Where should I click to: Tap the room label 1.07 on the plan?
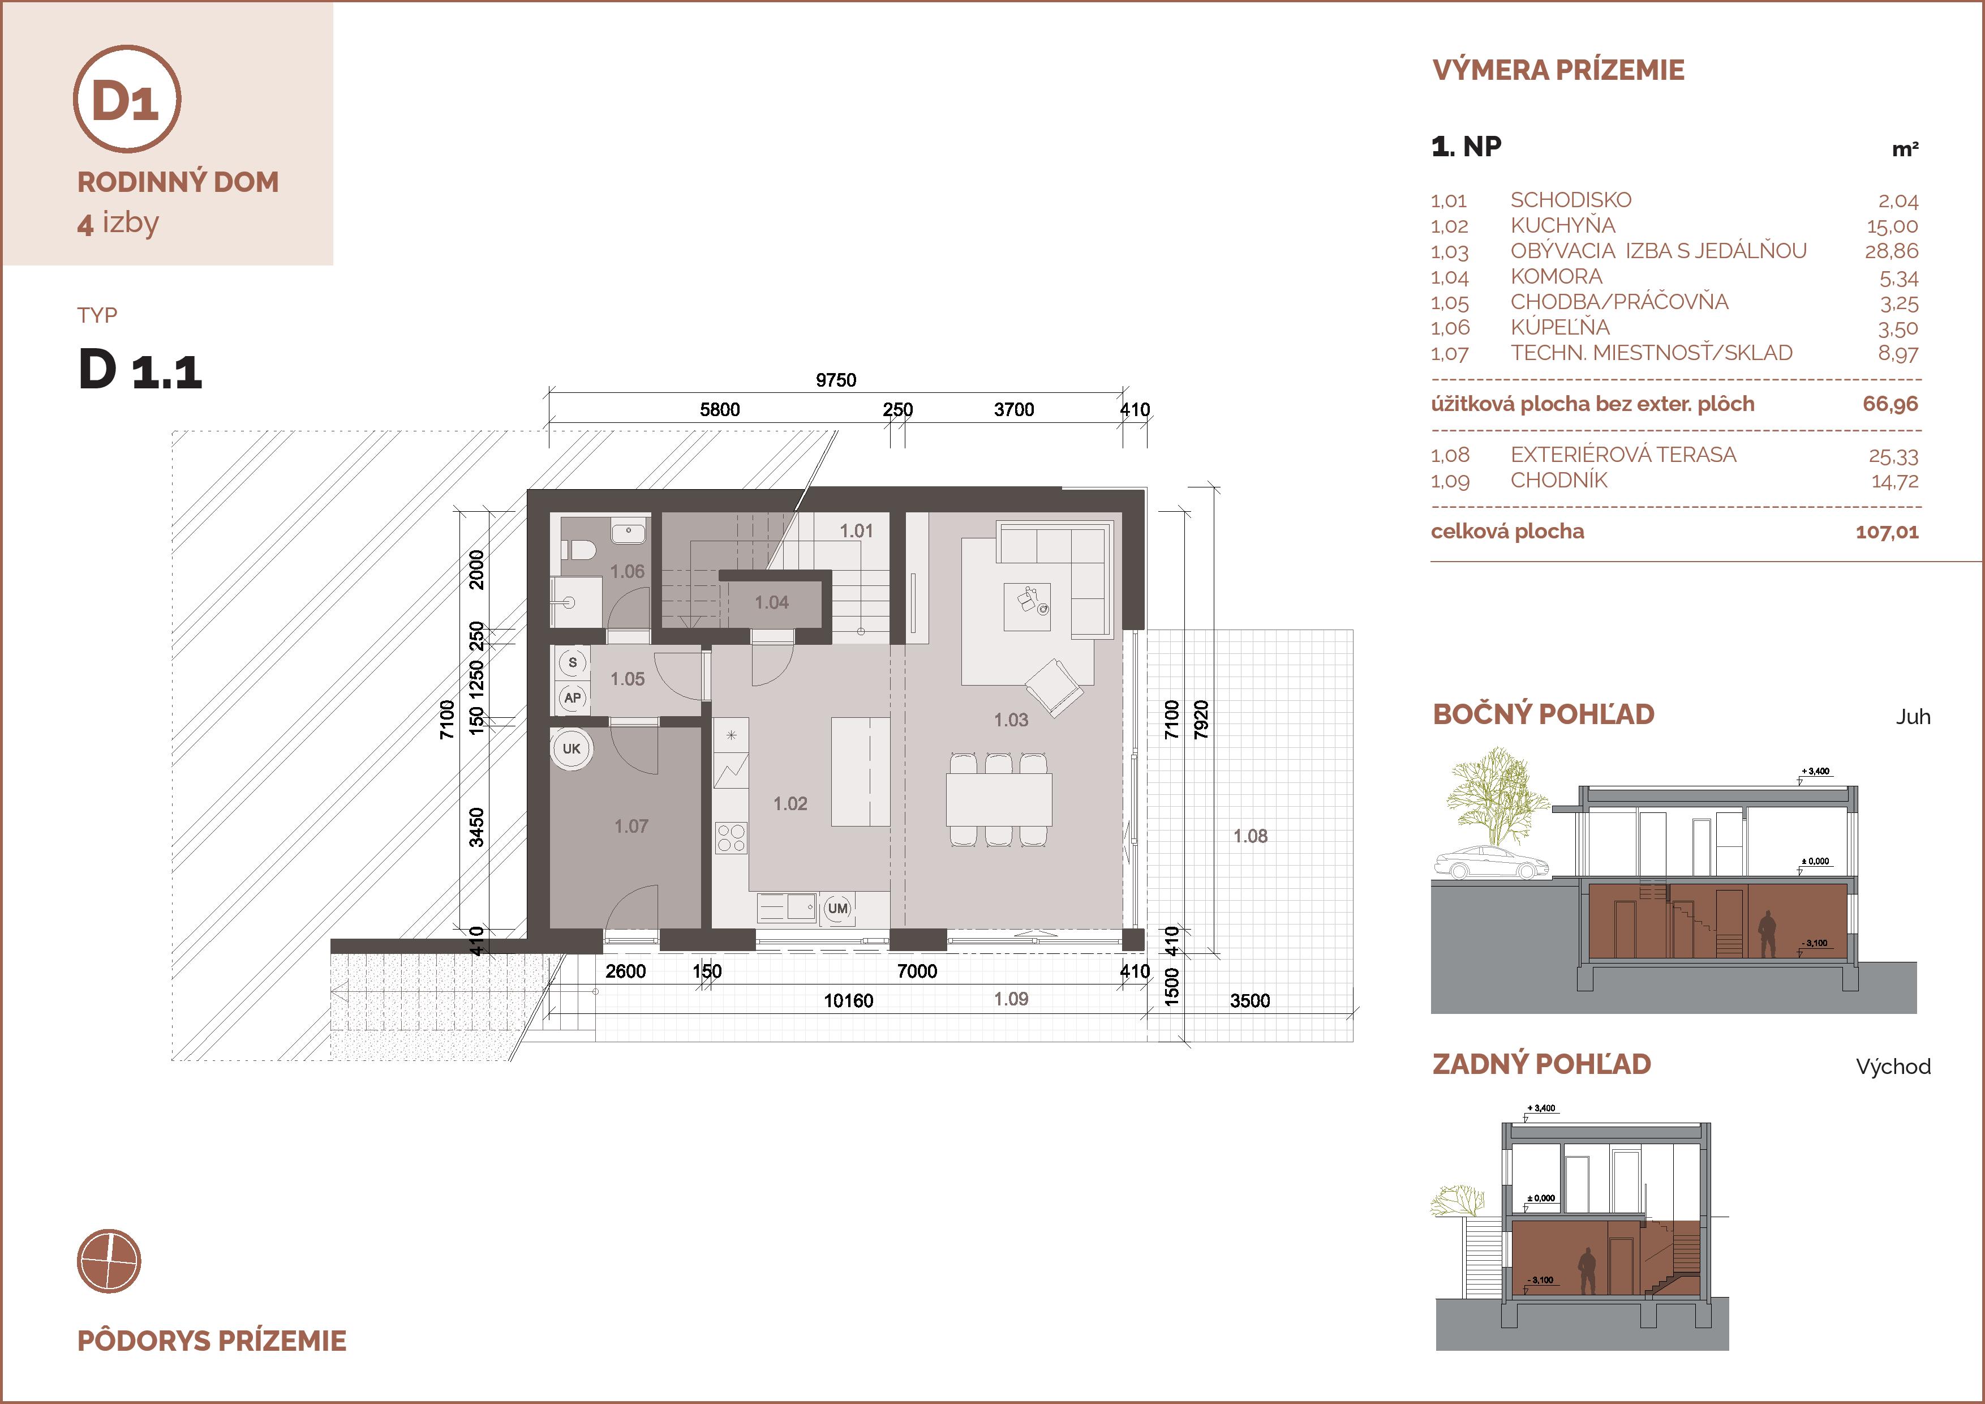(631, 826)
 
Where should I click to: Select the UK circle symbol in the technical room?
(572, 748)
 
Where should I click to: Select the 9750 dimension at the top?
(836, 380)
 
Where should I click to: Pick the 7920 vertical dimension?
(1200, 720)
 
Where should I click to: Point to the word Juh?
(1913, 717)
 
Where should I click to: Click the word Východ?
(1893, 1067)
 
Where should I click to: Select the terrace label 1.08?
(1250, 836)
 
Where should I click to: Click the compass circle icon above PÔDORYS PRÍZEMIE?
(109, 1260)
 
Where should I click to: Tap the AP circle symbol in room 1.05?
(572, 698)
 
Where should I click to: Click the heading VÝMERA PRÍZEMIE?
(1558, 70)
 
